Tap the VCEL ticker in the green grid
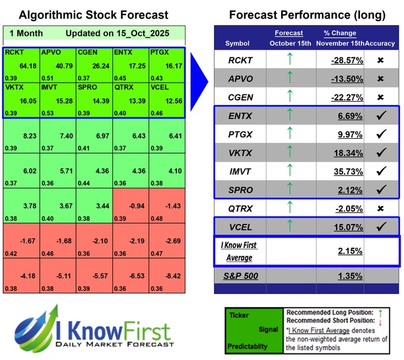(161, 86)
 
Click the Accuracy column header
(381, 43)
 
